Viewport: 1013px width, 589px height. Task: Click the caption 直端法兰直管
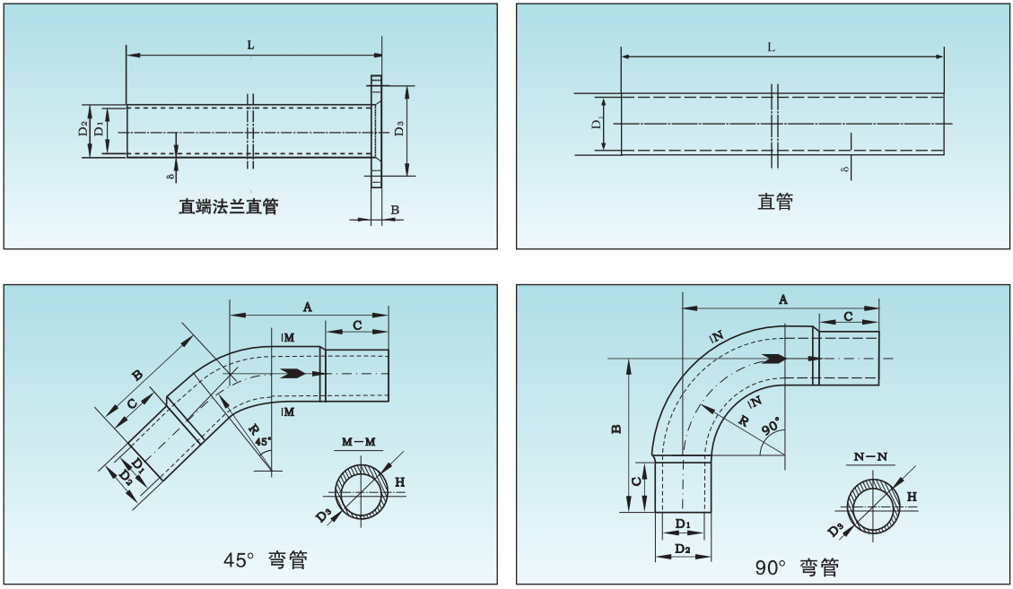click(228, 207)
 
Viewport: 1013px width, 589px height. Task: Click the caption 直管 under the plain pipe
click(775, 202)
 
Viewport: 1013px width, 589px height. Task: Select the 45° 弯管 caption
click(266, 560)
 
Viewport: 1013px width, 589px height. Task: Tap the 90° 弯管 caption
click(797, 567)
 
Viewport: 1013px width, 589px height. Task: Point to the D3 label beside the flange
click(399, 128)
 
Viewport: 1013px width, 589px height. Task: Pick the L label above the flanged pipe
click(249, 45)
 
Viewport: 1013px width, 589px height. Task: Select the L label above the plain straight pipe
click(772, 47)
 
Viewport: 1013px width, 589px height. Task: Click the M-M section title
click(361, 442)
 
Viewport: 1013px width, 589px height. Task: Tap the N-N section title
click(870, 457)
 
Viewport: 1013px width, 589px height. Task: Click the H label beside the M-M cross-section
click(400, 482)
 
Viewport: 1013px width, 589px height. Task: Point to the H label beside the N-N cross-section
click(912, 496)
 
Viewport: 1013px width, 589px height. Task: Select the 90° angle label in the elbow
click(770, 428)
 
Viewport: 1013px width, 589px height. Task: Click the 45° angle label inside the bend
click(262, 442)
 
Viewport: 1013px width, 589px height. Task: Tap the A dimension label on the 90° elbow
click(782, 299)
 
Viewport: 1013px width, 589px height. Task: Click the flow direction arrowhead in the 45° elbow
click(292, 373)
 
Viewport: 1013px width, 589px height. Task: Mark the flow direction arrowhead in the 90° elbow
click(773, 359)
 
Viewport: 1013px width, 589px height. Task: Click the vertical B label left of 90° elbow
click(616, 429)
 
